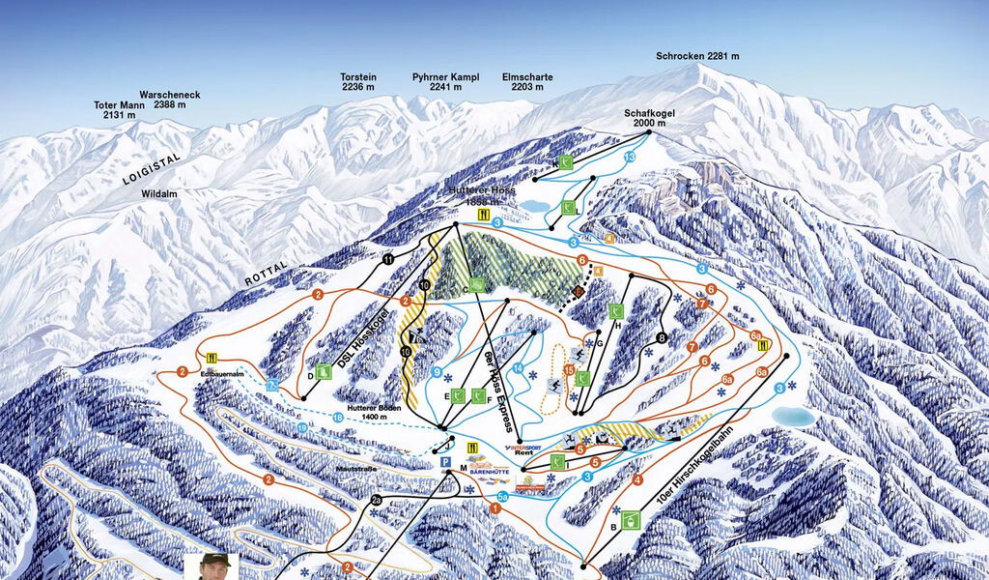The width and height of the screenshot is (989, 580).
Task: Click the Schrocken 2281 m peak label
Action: pyautogui.click(x=696, y=56)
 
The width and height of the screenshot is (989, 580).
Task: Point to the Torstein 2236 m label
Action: pyautogui.click(x=357, y=82)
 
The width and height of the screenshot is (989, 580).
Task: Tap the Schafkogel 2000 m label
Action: pyautogui.click(x=649, y=118)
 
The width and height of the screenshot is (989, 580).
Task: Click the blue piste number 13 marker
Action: pyautogui.click(x=630, y=157)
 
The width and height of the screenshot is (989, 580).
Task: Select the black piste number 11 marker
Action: pyautogui.click(x=387, y=259)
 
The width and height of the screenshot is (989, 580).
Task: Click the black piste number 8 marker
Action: pyautogui.click(x=662, y=337)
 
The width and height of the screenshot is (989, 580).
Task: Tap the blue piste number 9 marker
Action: pyautogui.click(x=437, y=372)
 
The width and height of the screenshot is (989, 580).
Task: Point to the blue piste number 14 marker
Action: pyautogui.click(x=518, y=368)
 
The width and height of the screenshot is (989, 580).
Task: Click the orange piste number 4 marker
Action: pyautogui.click(x=637, y=479)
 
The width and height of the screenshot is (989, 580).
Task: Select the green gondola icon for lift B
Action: pyautogui.click(x=631, y=520)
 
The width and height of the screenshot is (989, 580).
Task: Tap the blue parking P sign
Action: pyautogui.click(x=445, y=464)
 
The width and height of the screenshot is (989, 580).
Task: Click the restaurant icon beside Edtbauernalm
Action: pyautogui.click(x=212, y=357)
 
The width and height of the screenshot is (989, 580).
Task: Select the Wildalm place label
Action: pyautogui.click(x=159, y=194)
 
